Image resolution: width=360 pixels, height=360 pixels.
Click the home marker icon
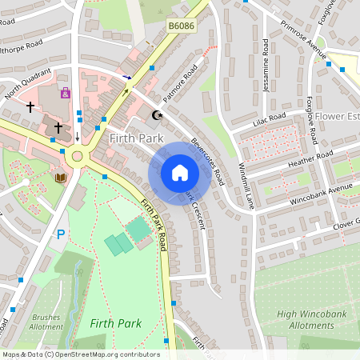click(x=180, y=172)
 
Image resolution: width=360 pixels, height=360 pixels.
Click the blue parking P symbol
click(x=61, y=235)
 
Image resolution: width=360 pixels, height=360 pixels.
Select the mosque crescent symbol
click(x=157, y=115)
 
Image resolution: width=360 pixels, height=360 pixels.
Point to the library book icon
click(x=61, y=177)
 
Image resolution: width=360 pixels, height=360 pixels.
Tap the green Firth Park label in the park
click(x=116, y=323)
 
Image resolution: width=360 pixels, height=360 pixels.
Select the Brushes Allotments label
click(x=46, y=322)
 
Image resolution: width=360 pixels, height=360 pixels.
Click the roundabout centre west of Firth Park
click(x=78, y=155)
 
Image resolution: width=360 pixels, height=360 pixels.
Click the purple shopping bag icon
click(x=66, y=93)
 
